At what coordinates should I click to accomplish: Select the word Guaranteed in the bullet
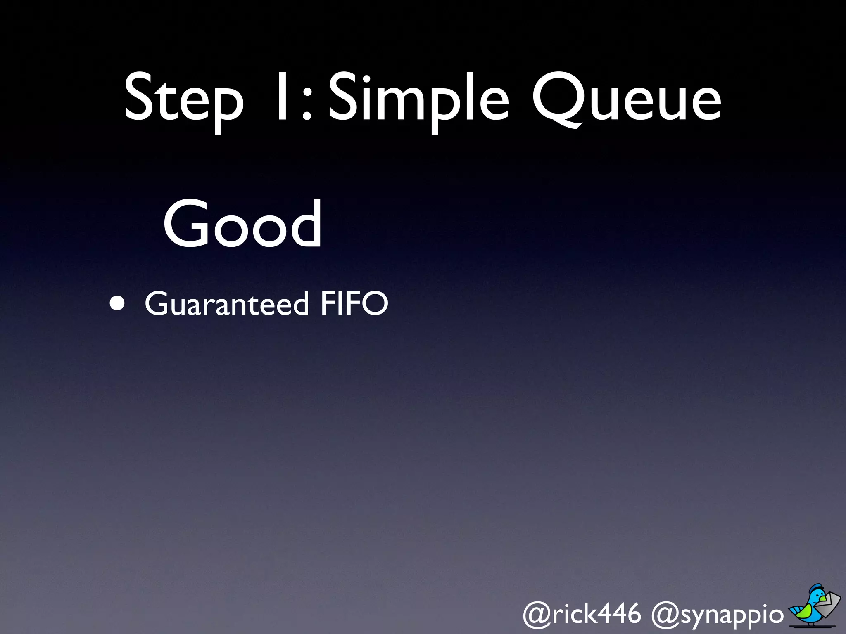226,304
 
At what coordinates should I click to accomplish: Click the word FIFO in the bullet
354,304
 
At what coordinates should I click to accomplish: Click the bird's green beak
823,598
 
